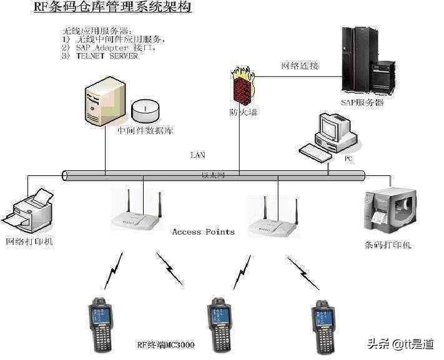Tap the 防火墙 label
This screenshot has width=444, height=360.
pos(243,113)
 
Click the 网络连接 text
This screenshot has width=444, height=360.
pos(299,65)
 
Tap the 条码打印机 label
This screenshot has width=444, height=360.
pos(388,245)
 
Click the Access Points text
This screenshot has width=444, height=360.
pos(203,231)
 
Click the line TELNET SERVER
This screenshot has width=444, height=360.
pos(107,56)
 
